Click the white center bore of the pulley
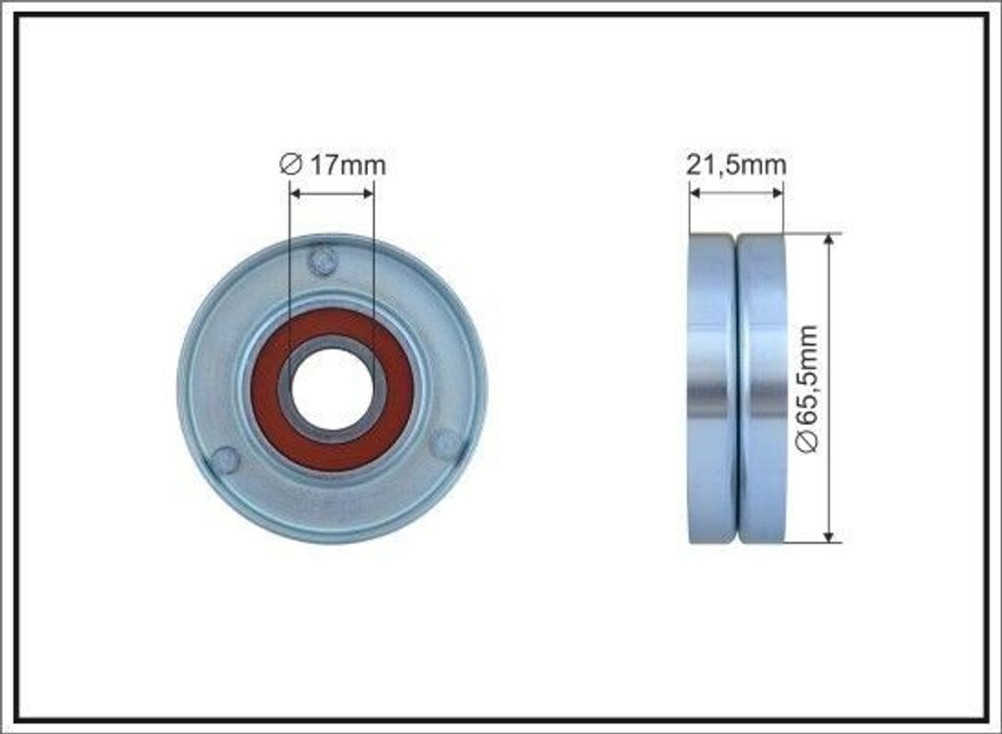(332, 389)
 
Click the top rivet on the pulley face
(322, 261)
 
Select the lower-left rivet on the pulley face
(226, 459)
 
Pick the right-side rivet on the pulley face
(444, 442)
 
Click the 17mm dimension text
(347, 165)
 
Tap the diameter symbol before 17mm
(290, 165)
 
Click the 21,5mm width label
(736, 165)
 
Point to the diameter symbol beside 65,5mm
(807, 443)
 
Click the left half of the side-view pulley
(711, 389)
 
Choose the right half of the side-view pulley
(762, 389)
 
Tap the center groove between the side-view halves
(736, 389)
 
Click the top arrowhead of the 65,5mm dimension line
(830, 240)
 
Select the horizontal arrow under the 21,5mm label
(736, 193)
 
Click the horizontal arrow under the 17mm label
(332, 193)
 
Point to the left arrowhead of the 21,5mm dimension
(695, 193)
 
